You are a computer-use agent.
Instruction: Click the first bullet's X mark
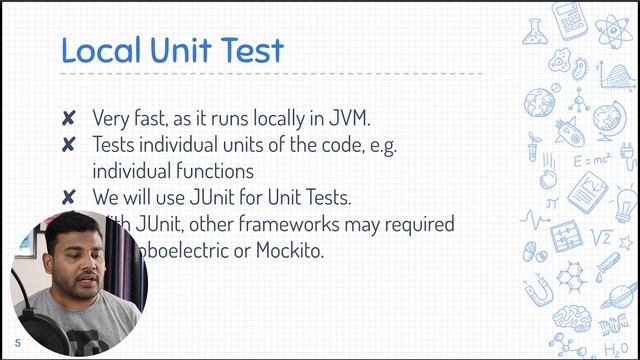click(68, 118)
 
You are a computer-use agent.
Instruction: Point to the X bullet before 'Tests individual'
click(68, 145)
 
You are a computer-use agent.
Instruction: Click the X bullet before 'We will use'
click(68, 198)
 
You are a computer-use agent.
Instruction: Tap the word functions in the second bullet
click(212, 171)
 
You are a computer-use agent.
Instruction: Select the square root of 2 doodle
click(602, 238)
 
